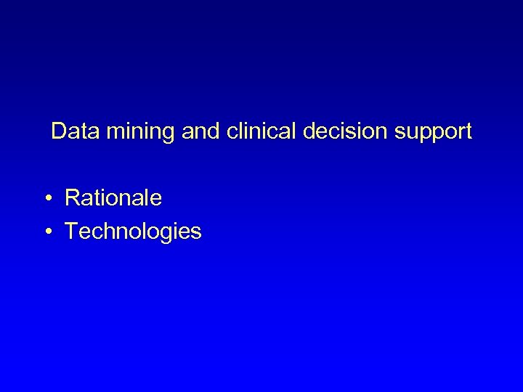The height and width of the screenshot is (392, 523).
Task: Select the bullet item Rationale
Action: point(113,197)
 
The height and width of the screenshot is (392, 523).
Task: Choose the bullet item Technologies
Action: point(133,232)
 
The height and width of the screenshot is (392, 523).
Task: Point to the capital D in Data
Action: point(59,131)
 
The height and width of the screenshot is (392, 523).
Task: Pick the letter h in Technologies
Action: point(108,232)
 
